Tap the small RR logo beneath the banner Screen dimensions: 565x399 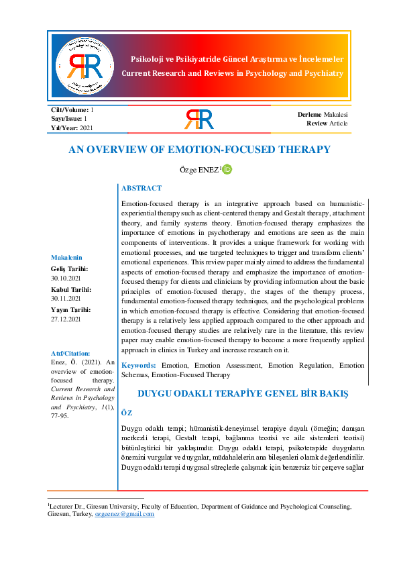point(198,119)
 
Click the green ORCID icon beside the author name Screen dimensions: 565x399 point(227,169)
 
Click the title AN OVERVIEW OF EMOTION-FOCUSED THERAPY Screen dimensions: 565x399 point(199,149)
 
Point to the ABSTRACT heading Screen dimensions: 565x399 point(141,189)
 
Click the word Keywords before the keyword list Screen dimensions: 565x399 point(138,365)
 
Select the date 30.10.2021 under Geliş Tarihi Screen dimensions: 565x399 point(66,278)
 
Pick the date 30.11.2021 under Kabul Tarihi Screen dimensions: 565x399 point(66,298)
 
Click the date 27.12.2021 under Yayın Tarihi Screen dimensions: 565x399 point(66,319)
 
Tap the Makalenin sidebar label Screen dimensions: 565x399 point(66,257)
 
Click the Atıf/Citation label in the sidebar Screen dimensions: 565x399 point(70,353)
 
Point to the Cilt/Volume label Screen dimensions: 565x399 point(70,109)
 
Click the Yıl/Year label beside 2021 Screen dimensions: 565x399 point(64,127)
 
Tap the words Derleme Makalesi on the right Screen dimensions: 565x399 point(323,115)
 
